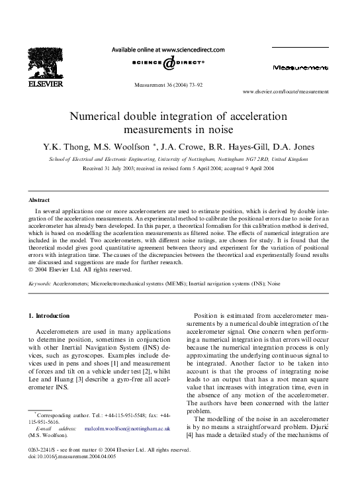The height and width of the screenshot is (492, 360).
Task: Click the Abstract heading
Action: (x=40, y=199)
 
